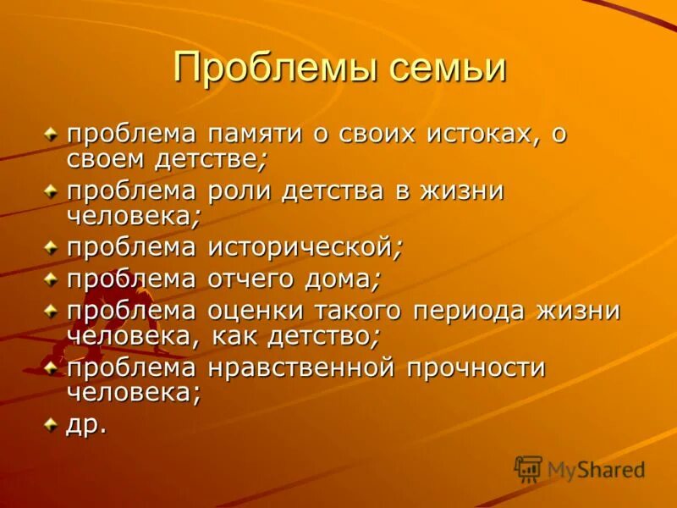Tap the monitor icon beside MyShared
tap(528, 468)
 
